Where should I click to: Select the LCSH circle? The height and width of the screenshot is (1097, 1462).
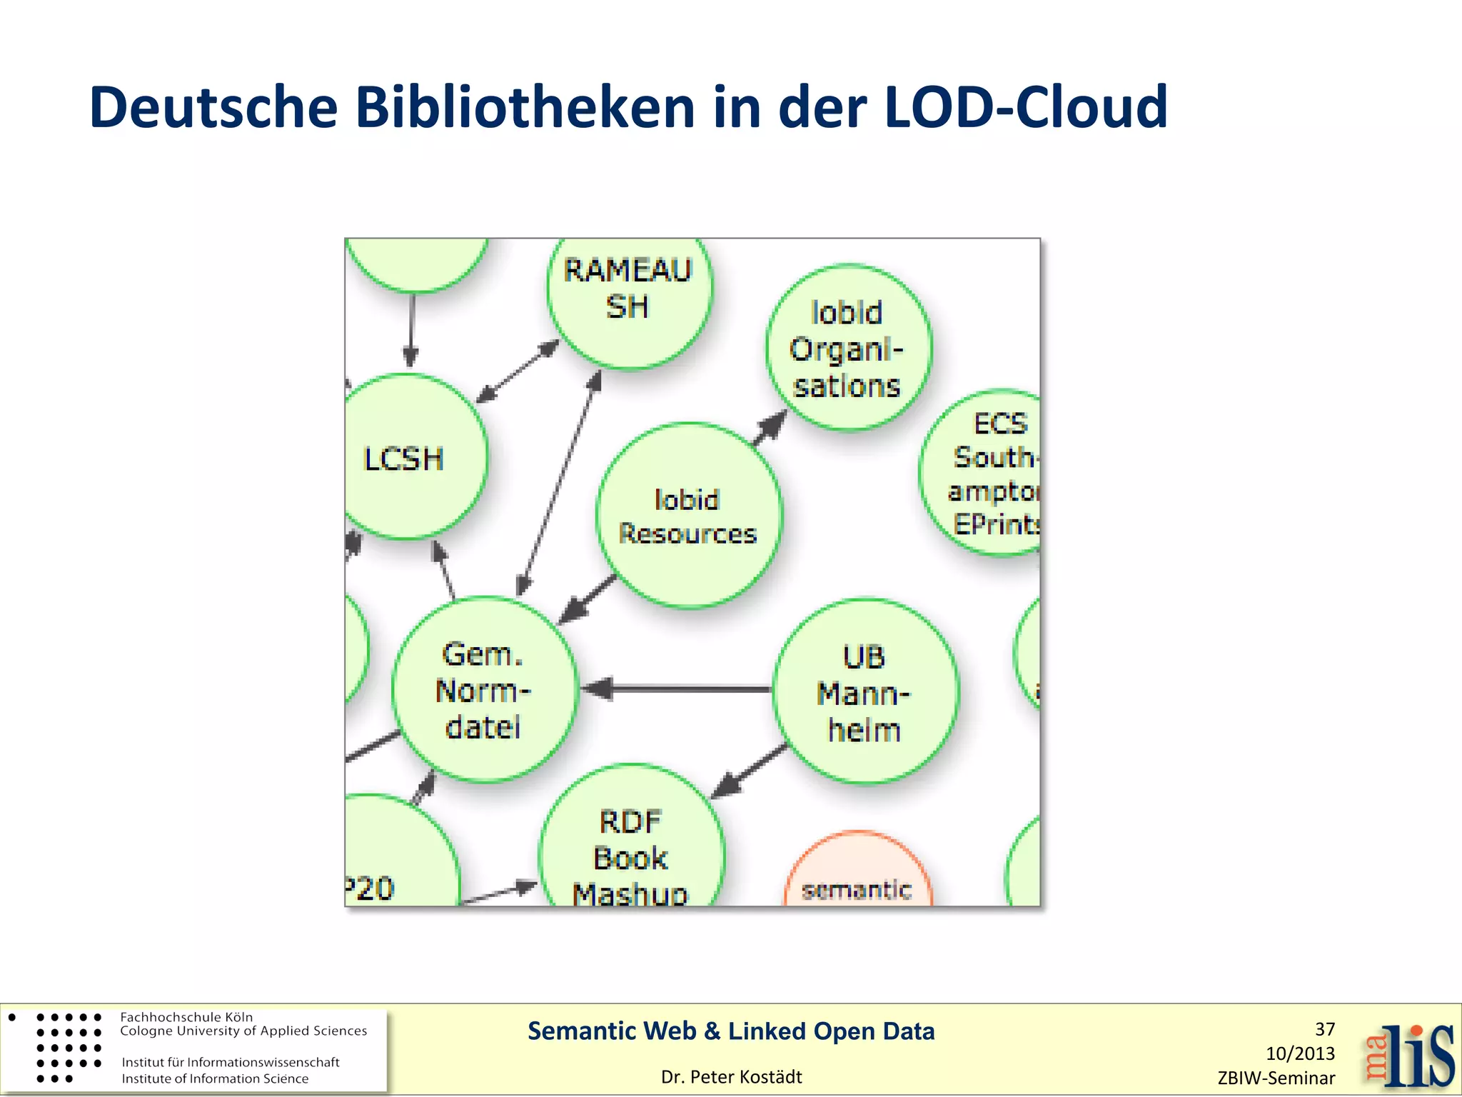[410, 457]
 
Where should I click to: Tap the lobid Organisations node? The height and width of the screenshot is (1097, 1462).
[848, 349]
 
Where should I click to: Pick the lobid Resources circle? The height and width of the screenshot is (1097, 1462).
[688, 516]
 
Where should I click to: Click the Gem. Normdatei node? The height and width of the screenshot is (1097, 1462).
[484, 690]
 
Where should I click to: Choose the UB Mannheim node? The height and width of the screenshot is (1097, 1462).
[865, 691]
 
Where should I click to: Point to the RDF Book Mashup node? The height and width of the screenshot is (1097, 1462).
[631, 850]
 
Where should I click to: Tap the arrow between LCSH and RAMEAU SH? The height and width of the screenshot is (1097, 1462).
[518, 371]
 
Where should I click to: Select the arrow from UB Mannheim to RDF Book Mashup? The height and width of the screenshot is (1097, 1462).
[750, 771]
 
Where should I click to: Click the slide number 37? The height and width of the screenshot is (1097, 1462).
[1324, 1029]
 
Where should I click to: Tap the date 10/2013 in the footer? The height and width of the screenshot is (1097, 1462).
[1300, 1053]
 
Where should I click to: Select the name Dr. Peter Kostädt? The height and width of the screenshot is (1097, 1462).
[731, 1077]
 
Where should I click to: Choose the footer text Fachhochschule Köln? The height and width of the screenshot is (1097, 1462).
[186, 1017]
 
